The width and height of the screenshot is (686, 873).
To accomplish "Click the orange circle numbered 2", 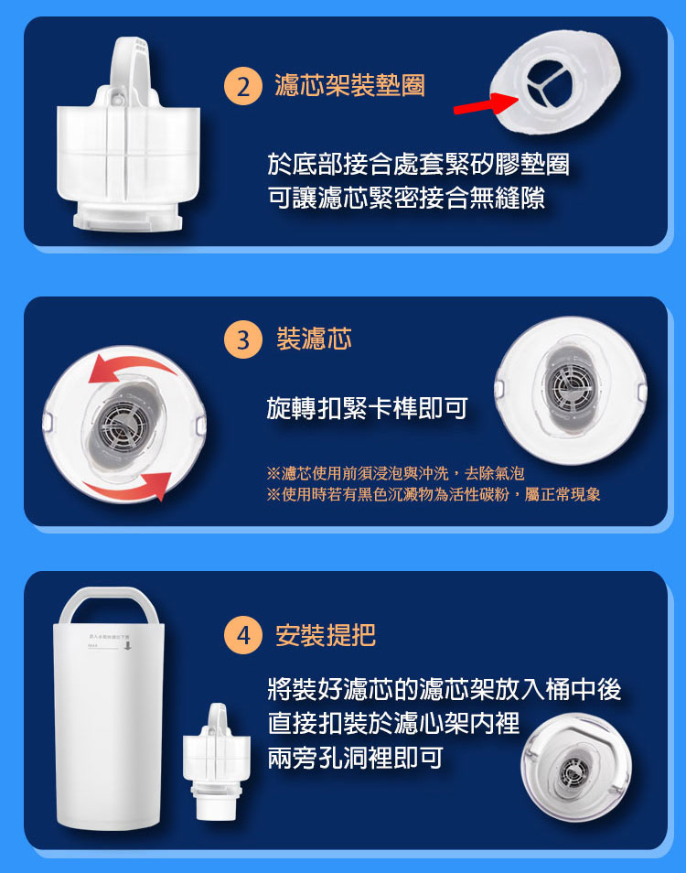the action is pyautogui.click(x=243, y=86).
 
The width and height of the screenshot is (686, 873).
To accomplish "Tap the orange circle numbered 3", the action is pyautogui.click(x=243, y=339).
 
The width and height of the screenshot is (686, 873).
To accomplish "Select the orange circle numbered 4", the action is pyautogui.click(x=243, y=635).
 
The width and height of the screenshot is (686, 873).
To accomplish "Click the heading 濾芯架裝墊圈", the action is pyautogui.click(x=350, y=86).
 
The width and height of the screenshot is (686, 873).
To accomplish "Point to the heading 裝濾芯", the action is pyautogui.click(x=315, y=339).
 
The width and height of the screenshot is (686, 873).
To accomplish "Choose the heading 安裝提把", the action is pyautogui.click(x=326, y=635).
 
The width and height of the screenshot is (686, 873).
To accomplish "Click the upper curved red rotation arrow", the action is pyautogui.click(x=134, y=363).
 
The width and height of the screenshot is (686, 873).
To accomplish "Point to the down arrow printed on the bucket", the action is pyautogui.click(x=127, y=646).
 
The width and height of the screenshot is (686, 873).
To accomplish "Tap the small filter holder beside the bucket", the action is pyautogui.click(x=217, y=761).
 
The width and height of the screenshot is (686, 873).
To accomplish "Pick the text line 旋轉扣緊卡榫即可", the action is pyautogui.click(x=367, y=409).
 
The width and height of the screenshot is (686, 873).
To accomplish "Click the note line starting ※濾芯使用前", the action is pyautogui.click(x=395, y=473).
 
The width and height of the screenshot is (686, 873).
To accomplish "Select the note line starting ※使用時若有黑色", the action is pyautogui.click(x=434, y=494).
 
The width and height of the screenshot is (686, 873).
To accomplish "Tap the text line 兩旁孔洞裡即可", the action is pyautogui.click(x=355, y=757).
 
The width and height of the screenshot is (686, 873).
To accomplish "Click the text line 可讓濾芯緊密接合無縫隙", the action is pyautogui.click(x=406, y=198).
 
